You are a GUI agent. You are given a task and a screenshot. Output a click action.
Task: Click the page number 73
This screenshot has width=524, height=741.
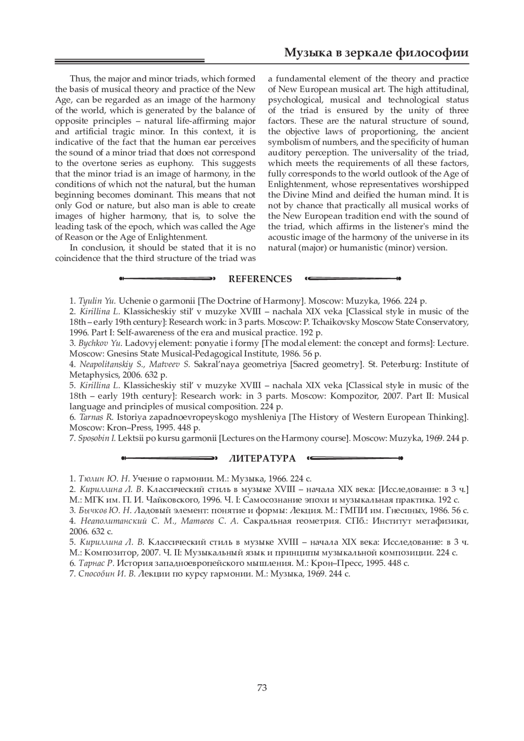coord(262,688)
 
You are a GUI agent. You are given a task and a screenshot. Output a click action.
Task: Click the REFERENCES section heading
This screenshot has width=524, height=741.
coord(260,279)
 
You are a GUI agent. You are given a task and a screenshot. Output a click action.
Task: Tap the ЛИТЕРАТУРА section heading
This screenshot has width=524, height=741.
coord(262,458)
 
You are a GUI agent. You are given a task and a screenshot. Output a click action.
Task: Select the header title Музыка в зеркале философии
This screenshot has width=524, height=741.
coord(376,53)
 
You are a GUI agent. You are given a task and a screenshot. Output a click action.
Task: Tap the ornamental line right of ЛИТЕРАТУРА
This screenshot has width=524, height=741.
coord(355,458)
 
